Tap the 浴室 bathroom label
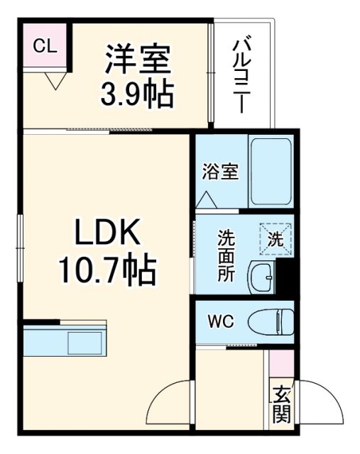(219, 172)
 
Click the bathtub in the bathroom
(271, 172)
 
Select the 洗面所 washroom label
(226, 256)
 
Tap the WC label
(219, 321)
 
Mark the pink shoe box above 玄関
(280, 364)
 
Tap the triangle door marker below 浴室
(207, 199)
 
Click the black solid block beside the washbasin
(285, 277)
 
